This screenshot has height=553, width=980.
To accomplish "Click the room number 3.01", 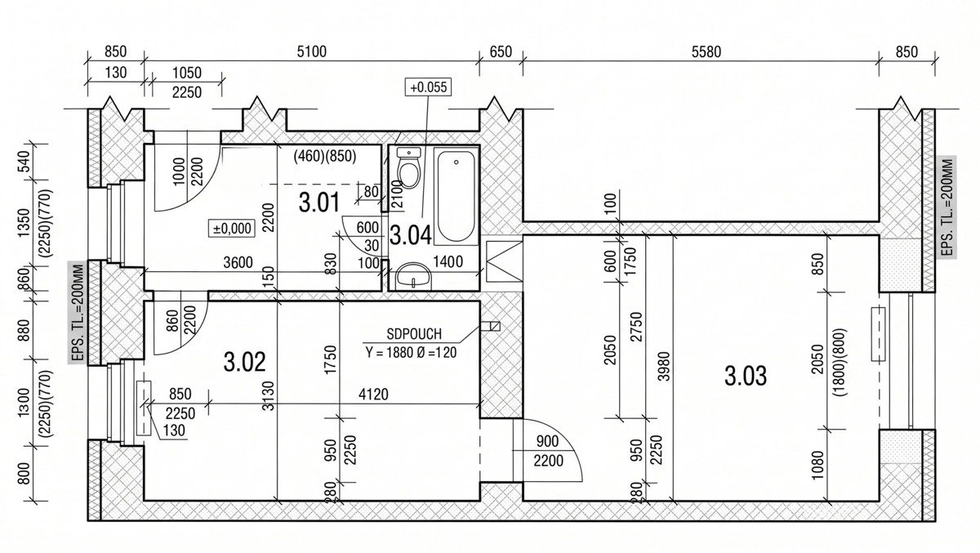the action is click(x=319, y=203).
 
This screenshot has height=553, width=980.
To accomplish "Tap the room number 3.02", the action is click(x=244, y=362).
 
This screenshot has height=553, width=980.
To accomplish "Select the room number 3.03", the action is click(x=746, y=377).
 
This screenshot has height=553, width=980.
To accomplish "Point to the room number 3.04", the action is click(x=410, y=235).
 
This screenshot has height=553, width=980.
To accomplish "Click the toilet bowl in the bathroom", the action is click(x=409, y=167).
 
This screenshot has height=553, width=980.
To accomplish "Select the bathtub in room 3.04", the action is click(x=456, y=195).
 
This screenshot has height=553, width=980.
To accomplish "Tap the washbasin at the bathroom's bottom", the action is click(x=413, y=276).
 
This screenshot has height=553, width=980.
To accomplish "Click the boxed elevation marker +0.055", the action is click(x=428, y=87).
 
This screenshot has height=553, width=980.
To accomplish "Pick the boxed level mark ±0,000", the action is click(x=232, y=229).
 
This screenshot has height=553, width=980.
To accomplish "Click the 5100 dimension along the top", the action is click(x=311, y=51).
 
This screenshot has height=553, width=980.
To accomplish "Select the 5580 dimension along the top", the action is click(x=706, y=52).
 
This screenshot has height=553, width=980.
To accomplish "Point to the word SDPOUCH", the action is click(x=414, y=334).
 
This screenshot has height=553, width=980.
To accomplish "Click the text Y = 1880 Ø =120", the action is click(x=411, y=352).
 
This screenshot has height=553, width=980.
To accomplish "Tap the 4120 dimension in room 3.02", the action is click(x=373, y=395).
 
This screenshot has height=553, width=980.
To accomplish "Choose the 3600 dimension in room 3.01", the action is click(x=238, y=262).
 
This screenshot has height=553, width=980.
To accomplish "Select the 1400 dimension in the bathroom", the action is click(x=448, y=261).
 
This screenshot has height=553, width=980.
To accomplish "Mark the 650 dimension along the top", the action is click(x=501, y=51).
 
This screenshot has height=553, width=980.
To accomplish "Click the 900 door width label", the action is click(x=547, y=441).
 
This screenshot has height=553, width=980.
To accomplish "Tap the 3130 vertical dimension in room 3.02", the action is click(x=269, y=395).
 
